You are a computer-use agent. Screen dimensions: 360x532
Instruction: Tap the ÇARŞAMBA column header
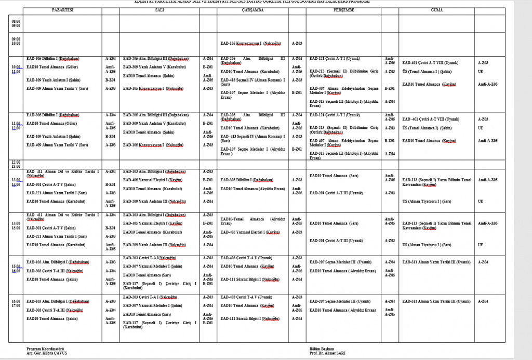coord(253,10)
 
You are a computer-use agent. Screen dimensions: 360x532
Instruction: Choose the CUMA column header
coord(437,10)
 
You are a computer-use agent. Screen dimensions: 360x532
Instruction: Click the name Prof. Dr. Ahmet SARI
coord(327,353)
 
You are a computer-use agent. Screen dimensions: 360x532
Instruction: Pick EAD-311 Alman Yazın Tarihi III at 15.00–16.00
coord(436,262)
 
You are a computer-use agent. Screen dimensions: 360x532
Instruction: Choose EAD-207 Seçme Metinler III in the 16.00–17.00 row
coord(340,301)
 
